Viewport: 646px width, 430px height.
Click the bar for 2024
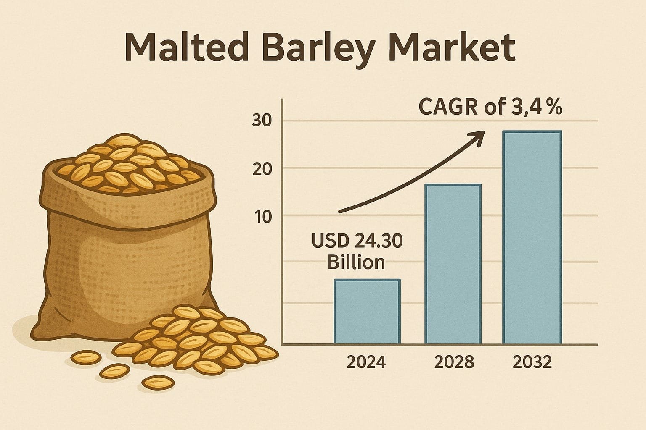[x=367, y=312]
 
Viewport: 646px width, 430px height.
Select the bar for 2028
[x=453, y=264]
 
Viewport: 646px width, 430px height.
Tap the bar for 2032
[x=532, y=238]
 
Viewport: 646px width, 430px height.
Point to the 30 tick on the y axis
[x=262, y=121]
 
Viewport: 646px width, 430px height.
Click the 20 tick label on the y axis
[x=262, y=169]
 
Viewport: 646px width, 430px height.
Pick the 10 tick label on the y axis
[x=262, y=217]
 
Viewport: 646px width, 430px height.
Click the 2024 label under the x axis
[x=365, y=362]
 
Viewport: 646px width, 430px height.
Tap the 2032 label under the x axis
[x=532, y=362]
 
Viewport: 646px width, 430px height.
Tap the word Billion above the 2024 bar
[x=356, y=262]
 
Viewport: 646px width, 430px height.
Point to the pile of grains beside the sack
[x=198, y=340]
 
